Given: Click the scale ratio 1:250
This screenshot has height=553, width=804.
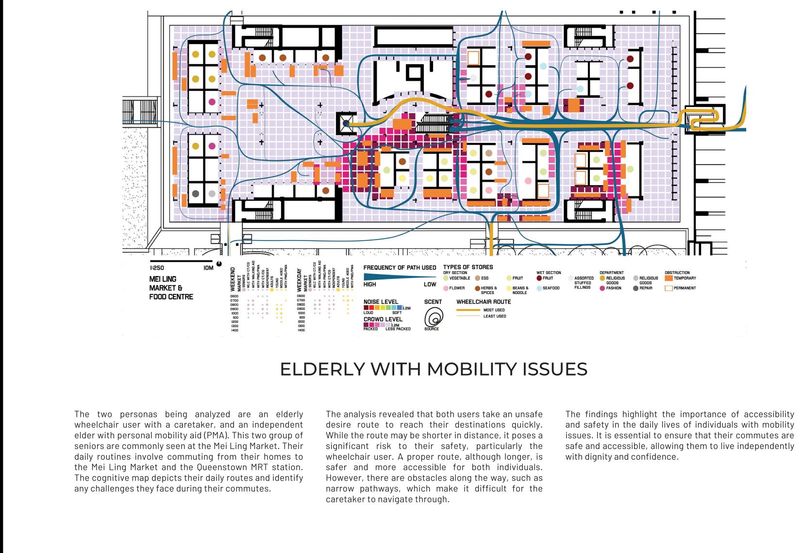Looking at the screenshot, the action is pos(157,268).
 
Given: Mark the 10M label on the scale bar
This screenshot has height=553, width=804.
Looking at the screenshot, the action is pos(209,268).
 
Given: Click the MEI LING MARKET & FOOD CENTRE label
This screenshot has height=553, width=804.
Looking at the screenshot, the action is pos(170,288).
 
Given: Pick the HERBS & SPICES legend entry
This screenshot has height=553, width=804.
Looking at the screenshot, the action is pos(488,290).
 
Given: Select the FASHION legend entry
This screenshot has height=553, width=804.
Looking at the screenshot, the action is pos(613,288).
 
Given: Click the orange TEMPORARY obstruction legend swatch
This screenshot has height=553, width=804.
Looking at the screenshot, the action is pos(669,278).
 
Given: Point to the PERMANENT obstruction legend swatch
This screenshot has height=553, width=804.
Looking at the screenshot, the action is pos(669,288).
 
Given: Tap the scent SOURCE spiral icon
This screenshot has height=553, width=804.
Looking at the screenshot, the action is pos(432,318).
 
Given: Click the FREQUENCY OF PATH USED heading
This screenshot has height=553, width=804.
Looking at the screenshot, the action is pos(400,268).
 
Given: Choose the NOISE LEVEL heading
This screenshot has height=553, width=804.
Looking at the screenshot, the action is pos(381,302).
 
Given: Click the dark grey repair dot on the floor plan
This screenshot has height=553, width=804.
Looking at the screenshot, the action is pos(196,193).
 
